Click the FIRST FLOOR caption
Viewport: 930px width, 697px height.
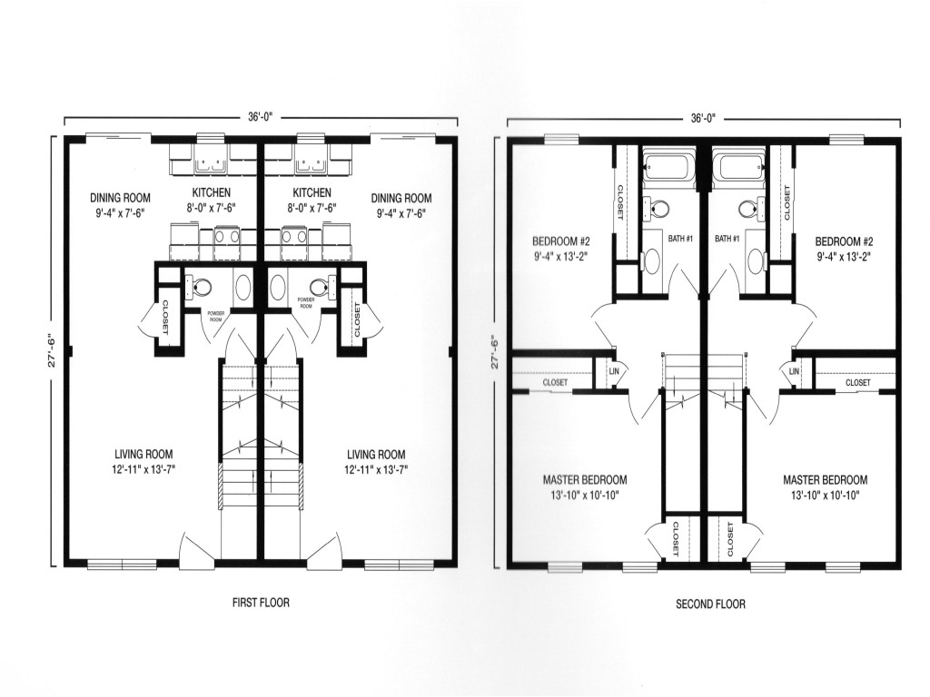pyautogui.click(x=261, y=603)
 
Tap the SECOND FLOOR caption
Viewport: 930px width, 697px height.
pyautogui.click(x=710, y=604)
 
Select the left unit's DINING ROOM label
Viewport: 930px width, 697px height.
pyautogui.click(x=121, y=197)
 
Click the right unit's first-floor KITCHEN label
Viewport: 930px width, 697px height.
pyautogui.click(x=312, y=192)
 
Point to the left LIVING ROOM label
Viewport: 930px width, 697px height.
pyautogui.click(x=144, y=454)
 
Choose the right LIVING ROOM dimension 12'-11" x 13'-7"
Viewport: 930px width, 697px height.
pyautogui.click(x=377, y=469)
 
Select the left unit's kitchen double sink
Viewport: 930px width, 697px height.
pyautogui.click(x=212, y=163)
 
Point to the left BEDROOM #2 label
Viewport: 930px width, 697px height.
pyautogui.click(x=561, y=241)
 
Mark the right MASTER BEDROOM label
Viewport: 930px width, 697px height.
pyautogui.click(x=825, y=479)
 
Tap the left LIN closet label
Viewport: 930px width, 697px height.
pyautogui.click(x=614, y=371)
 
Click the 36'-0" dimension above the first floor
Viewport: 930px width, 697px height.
pyautogui.click(x=261, y=117)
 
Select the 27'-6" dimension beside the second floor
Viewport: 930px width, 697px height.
pyautogui.click(x=495, y=353)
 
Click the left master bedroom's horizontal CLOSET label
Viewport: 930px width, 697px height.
pyautogui.click(x=555, y=383)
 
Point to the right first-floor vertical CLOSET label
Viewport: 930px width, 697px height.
pyautogui.click(x=357, y=320)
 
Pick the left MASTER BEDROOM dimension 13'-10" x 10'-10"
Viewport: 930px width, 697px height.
pyautogui.click(x=585, y=495)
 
